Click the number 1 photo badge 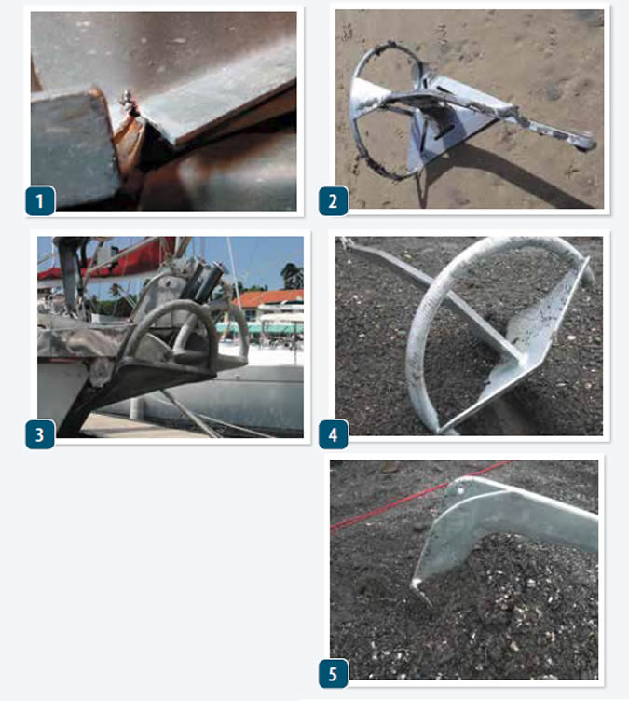40,200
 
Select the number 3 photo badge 40,433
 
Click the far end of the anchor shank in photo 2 585,143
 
